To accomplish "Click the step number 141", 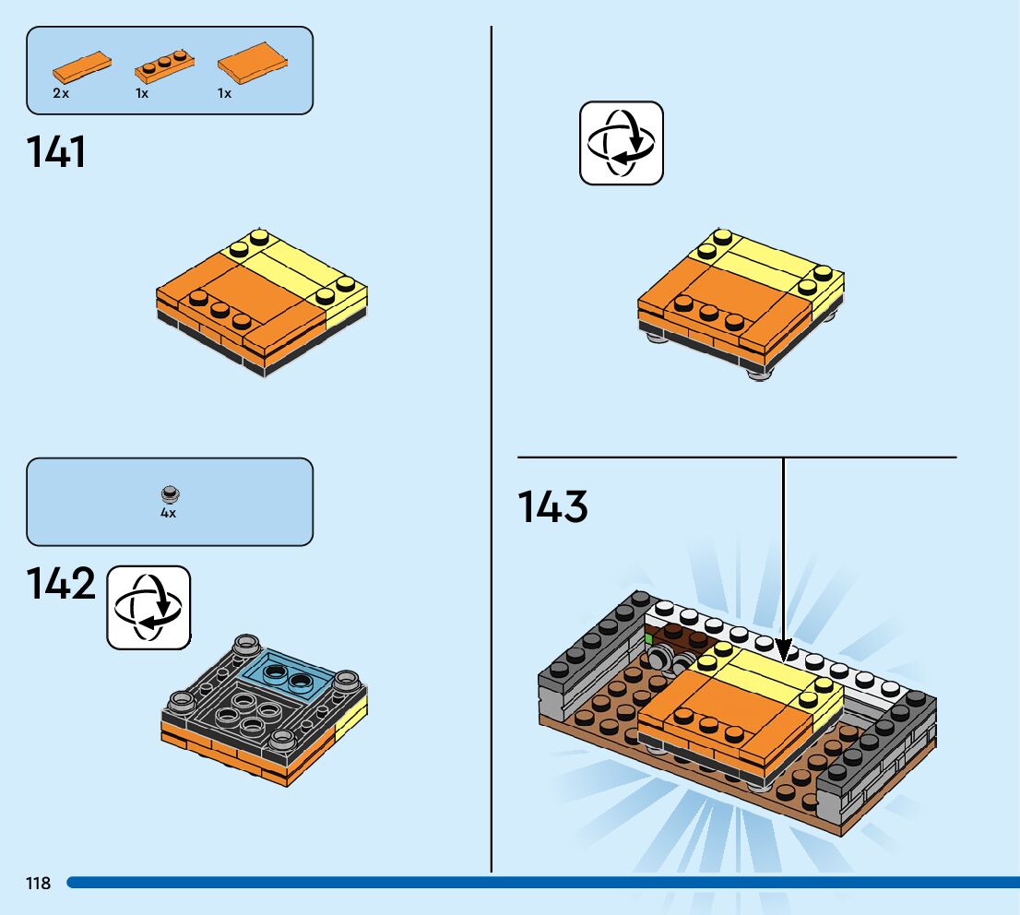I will (x=56, y=152).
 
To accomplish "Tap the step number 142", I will (x=61, y=585).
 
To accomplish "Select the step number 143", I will (x=552, y=507).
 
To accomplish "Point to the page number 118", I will (x=38, y=884).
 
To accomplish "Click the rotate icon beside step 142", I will (x=148, y=607).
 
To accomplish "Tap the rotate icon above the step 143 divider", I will (x=621, y=143).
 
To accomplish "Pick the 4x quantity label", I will (x=168, y=514).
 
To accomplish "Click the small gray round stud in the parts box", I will (x=169, y=494).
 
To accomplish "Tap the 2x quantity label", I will (x=61, y=93).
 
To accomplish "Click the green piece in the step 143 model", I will (x=648, y=637).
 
